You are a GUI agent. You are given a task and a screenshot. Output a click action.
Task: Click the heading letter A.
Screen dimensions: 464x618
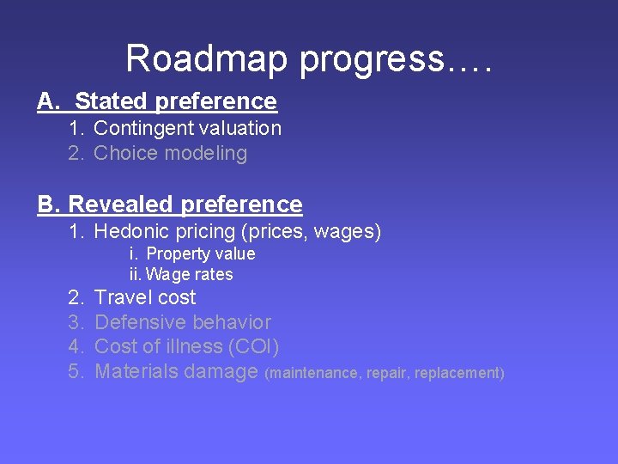pyautogui.click(x=46, y=101)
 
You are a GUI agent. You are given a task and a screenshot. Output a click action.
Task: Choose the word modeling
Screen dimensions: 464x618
pyautogui.click(x=207, y=154)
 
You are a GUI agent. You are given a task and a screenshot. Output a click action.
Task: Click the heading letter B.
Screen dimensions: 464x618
pyautogui.click(x=47, y=205)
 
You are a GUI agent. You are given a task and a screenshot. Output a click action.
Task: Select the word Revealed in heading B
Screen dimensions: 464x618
pyautogui.click(x=121, y=205)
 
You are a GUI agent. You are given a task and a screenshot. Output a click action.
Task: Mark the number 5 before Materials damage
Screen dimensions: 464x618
pyautogui.click(x=76, y=372)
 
